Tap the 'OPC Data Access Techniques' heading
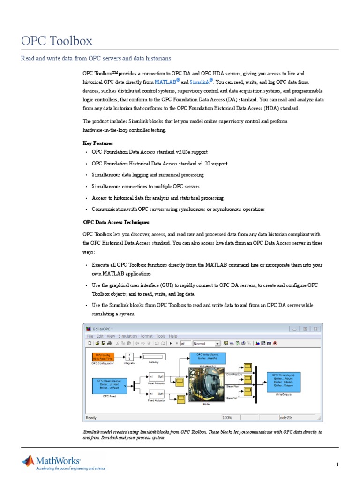(x=116, y=222)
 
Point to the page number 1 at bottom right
(x=337, y=464)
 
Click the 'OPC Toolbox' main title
(x=57, y=41)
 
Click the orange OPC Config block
(x=103, y=357)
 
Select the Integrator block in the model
(x=129, y=357)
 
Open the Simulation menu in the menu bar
(x=127, y=336)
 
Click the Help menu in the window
(x=173, y=336)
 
